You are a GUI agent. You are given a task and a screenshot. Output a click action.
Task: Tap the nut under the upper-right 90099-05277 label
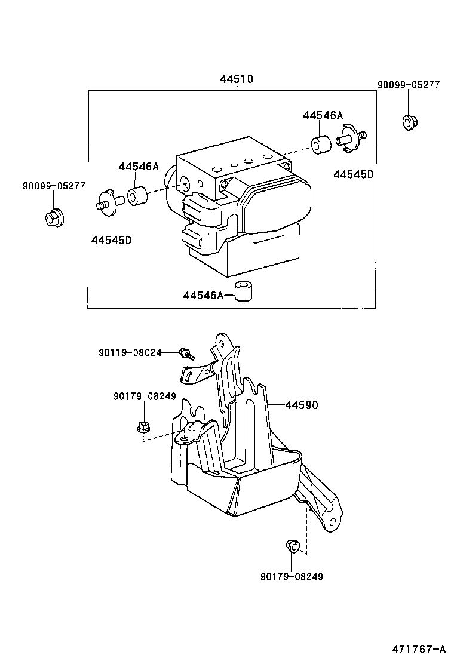pos(409,122)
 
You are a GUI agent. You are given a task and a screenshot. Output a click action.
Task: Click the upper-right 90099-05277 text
pos(408,85)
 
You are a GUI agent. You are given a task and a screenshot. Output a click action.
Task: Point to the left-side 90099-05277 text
pos(54,186)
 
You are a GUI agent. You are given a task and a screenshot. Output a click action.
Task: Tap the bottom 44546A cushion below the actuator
pos(242,290)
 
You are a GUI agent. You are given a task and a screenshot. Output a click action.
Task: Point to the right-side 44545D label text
pos(353,174)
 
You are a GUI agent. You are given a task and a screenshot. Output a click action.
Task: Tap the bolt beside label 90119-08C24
pos(186,354)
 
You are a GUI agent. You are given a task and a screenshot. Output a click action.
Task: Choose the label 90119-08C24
pos(130,353)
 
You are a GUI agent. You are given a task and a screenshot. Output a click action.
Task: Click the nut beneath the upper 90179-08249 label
pos(143,427)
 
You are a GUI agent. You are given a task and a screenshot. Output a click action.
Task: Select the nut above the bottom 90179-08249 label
pos(292,546)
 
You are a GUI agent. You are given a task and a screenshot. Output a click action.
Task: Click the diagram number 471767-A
pos(419,649)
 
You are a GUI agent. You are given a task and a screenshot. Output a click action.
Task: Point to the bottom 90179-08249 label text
pos(293,576)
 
